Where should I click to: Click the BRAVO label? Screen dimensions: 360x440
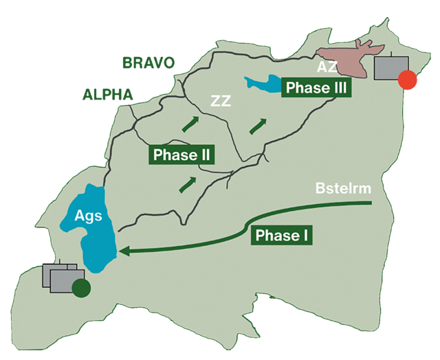[148, 63]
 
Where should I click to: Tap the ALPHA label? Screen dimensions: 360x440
[107, 95]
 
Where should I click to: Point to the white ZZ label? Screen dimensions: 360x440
[221, 102]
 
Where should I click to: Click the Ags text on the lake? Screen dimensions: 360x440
[88, 216]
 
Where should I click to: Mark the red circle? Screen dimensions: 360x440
[408, 80]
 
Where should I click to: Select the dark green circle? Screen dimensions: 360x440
[81, 289]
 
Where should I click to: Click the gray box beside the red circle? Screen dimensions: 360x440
[388, 67]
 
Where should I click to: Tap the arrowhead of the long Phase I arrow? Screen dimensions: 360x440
[123, 252]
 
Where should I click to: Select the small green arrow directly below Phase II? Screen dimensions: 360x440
[187, 184]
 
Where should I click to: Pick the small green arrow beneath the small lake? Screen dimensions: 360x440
[259, 125]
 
